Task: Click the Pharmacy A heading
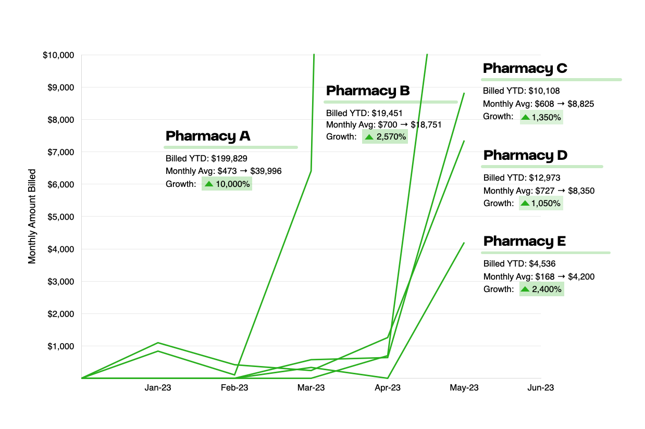click(x=208, y=136)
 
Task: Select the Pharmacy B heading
click(x=368, y=91)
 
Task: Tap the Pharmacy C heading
click(x=525, y=69)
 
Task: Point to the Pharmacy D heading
click(x=525, y=156)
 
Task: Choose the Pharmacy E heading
click(x=524, y=242)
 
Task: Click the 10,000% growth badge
click(x=227, y=184)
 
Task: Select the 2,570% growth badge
click(x=385, y=137)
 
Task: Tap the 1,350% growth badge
click(x=541, y=117)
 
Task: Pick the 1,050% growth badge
click(x=541, y=204)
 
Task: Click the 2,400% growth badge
click(x=541, y=289)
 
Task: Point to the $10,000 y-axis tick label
click(x=58, y=55)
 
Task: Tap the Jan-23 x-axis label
click(x=158, y=388)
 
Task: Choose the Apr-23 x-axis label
click(x=388, y=388)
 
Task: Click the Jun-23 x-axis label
click(x=541, y=388)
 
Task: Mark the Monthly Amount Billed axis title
click(x=32, y=216)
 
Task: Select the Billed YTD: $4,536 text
click(x=516, y=264)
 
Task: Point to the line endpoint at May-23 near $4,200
click(x=464, y=243)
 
